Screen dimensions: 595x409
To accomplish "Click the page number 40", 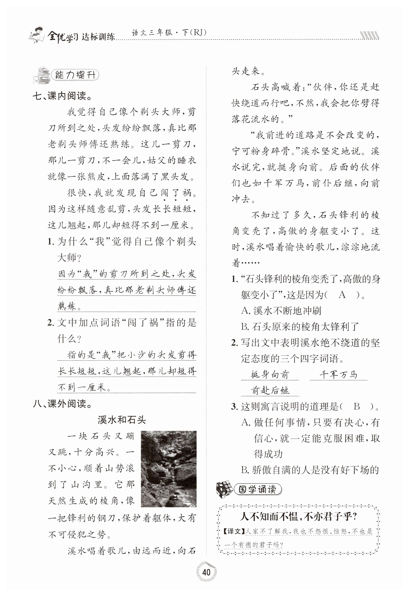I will pos(206,572).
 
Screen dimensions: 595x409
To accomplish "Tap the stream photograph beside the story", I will pos(169,469).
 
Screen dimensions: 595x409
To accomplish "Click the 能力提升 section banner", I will pos(75,75).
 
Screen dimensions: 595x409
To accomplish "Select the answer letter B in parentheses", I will pos(357,406).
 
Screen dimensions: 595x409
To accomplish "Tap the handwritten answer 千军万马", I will pos(338,375).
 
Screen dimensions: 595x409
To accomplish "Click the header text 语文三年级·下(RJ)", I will pos(169,32).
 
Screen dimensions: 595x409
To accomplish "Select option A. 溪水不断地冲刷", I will pos(281,311).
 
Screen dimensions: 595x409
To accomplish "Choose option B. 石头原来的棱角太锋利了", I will pos(300,327).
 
